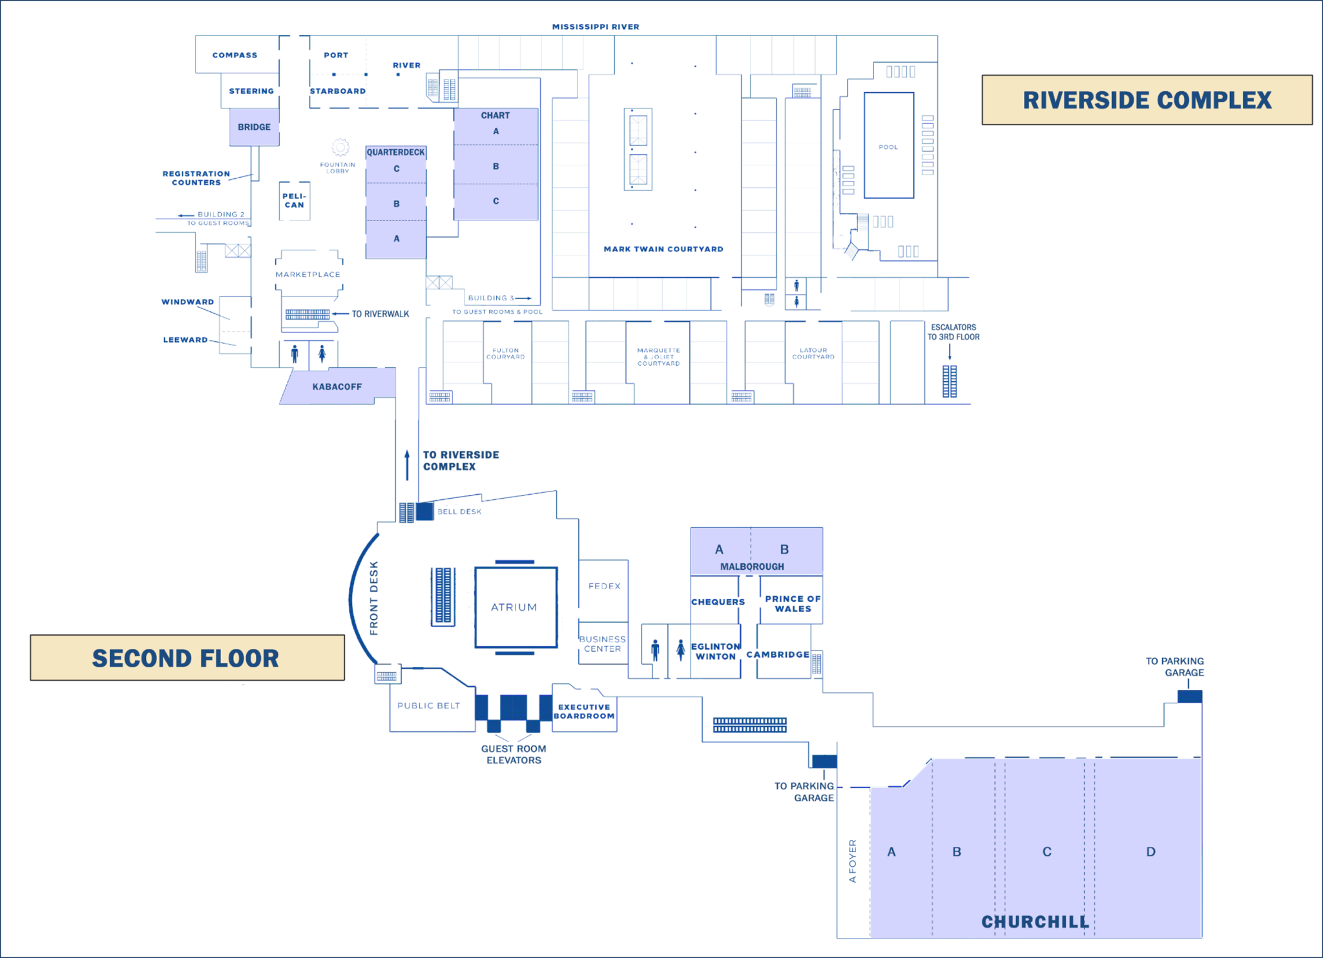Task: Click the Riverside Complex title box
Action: (x=1147, y=100)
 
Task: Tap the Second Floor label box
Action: (x=187, y=658)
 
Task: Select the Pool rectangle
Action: (x=888, y=145)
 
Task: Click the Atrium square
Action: (x=516, y=607)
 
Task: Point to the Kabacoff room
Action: (x=337, y=386)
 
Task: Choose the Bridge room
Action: (x=254, y=127)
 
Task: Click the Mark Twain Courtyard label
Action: (x=663, y=249)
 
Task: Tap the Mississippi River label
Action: (x=595, y=26)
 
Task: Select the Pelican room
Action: (x=294, y=201)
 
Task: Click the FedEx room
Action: (x=603, y=585)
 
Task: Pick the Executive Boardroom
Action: (x=584, y=711)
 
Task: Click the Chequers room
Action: (x=717, y=601)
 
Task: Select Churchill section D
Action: (x=1150, y=851)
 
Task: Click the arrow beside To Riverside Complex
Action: (x=407, y=465)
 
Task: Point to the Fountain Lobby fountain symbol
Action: (x=340, y=147)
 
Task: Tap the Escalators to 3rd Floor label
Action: (x=953, y=332)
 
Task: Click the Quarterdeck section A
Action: (x=396, y=238)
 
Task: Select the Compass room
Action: (x=235, y=55)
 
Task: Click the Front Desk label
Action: (x=373, y=598)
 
